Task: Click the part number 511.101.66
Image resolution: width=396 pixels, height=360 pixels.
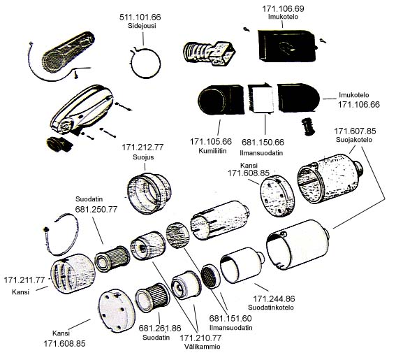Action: pyautogui.click(x=140, y=17)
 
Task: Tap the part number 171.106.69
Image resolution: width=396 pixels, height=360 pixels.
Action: pyautogui.click(x=283, y=8)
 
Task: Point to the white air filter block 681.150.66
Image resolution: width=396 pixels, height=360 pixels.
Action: pyautogui.click(x=263, y=99)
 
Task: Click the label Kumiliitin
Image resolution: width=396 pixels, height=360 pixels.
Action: pyautogui.click(x=212, y=151)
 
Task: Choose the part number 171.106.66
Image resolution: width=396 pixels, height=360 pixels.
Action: pyautogui.click(x=358, y=104)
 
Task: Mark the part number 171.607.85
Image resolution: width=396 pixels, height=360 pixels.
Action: pyautogui.click(x=355, y=131)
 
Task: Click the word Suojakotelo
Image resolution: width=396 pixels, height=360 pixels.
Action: pyautogui.click(x=354, y=140)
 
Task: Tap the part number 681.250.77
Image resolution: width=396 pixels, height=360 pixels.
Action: pyautogui.click(x=96, y=209)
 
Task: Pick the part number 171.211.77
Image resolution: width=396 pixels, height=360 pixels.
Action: pyautogui.click(x=24, y=280)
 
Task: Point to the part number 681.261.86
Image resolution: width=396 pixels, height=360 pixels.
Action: pyautogui.click(x=160, y=328)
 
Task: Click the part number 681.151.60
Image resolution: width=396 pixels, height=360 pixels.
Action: pyautogui.click(x=230, y=318)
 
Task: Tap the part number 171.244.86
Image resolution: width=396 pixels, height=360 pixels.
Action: pyautogui.click(x=274, y=298)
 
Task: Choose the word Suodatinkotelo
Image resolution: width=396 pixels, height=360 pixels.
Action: pyautogui.click(x=271, y=308)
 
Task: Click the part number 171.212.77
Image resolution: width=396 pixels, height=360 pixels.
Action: pyautogui.click(x=142, y=147)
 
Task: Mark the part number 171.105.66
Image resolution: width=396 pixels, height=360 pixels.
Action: pyautogui.click(x=211, y=142)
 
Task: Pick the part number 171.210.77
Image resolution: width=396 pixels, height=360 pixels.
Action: pyautogui.click(x=200, y=338)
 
